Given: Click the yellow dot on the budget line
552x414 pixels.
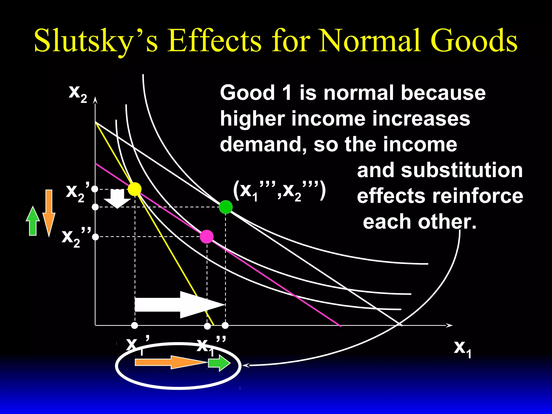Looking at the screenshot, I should point(134,189).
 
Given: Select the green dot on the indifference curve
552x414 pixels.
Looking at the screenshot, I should point(226,207).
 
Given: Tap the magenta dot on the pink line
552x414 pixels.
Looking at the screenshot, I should point(207,237).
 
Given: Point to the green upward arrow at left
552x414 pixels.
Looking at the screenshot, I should point(33,221).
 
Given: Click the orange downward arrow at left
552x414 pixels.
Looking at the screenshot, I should point(49,213).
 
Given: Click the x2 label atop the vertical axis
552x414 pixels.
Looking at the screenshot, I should point(78,93).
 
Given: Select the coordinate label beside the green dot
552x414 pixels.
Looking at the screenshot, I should point(280,191).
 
